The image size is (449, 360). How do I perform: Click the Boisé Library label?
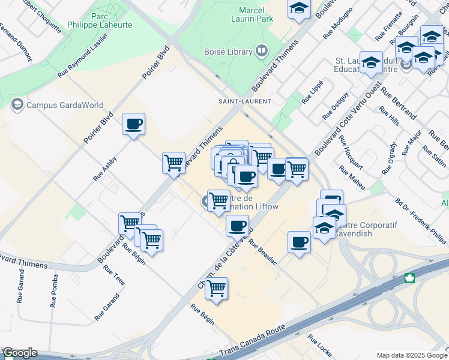(x=228, y=52)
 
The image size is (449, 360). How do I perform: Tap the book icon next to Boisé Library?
(x=261, y=52)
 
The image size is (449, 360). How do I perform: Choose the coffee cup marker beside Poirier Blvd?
(x=133, y=125)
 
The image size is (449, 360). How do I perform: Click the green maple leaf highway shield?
(x=411, y=278)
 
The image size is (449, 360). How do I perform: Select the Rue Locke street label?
(x=319, y=346)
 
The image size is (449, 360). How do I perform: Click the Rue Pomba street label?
(x=54, y=290)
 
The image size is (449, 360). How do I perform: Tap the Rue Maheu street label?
(x=352, y=178)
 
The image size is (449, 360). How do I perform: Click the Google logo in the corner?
(x=20, y=353)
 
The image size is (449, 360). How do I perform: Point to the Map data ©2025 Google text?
(x=411, y=355)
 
